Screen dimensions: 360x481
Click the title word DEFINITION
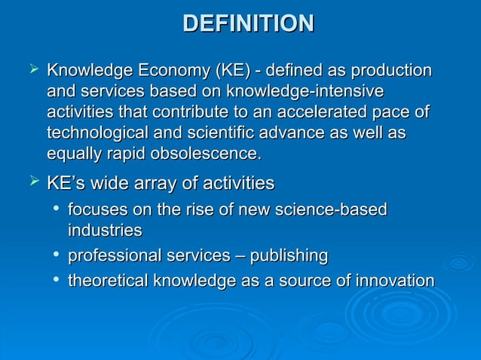click(248, 23)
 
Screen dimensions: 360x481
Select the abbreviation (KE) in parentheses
click(231, 72)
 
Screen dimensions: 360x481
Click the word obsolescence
click(205, 155)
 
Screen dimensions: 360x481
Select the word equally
click(72, 155)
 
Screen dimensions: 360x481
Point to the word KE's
click(66, 183)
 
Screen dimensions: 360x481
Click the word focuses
click(93, 209)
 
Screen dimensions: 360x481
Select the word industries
click(105, 230)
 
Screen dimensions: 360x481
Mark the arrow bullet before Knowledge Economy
click(32, 71)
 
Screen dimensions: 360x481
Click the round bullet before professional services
click(57, 256)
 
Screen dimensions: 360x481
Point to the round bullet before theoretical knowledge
click(57, 281)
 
